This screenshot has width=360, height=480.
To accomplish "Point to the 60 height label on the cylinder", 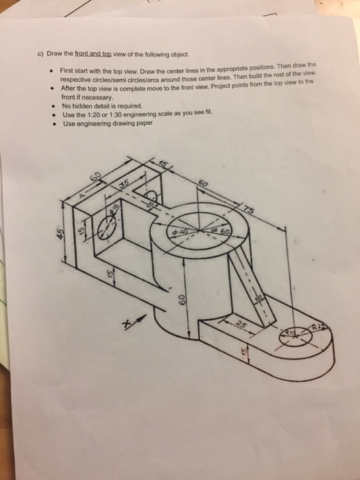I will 182,300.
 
